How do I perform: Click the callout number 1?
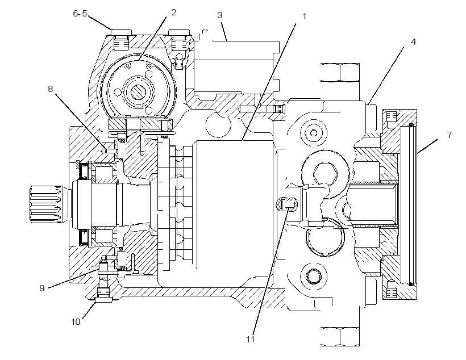click(303, 16)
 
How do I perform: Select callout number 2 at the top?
click(173, 12)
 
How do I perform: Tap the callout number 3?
click(219, 15)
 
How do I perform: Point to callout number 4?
click(413, 42)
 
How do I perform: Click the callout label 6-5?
click(80, 14)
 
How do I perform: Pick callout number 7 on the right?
click(449, 135)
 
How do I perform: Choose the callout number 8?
click(51, 89)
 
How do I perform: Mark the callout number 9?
click(42, 288)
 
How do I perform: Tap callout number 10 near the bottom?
click(76, 322)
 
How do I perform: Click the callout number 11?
click(251, 339)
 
